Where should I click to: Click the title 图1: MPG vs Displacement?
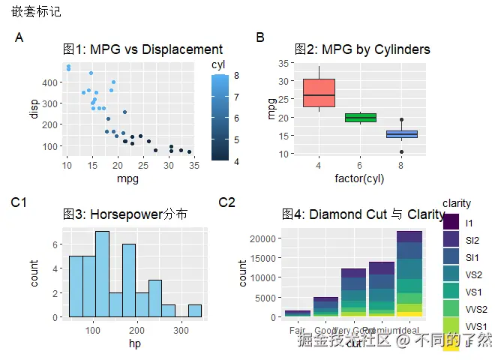[x=142, y=49]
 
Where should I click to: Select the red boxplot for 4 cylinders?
[x=319, y=93]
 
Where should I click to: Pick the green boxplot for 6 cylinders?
[x=360, y=117]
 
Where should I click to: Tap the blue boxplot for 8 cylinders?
[x=401, y=134]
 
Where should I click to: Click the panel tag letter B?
[x=260, y=37]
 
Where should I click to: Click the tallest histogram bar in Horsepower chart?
[x=102, y=274]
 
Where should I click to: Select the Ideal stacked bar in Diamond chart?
[x=409, y=274]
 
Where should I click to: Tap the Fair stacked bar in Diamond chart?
[x=297, y=313]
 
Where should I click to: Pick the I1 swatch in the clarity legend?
[x=450, y=223]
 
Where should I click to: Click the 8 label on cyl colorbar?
[x=236, y=75]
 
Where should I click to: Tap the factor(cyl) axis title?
[x=360, y=178]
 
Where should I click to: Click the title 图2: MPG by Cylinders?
[x=362, y=49]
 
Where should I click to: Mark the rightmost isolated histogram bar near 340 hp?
[x=194, y=310]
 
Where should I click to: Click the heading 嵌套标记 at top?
[x=36, y=12]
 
